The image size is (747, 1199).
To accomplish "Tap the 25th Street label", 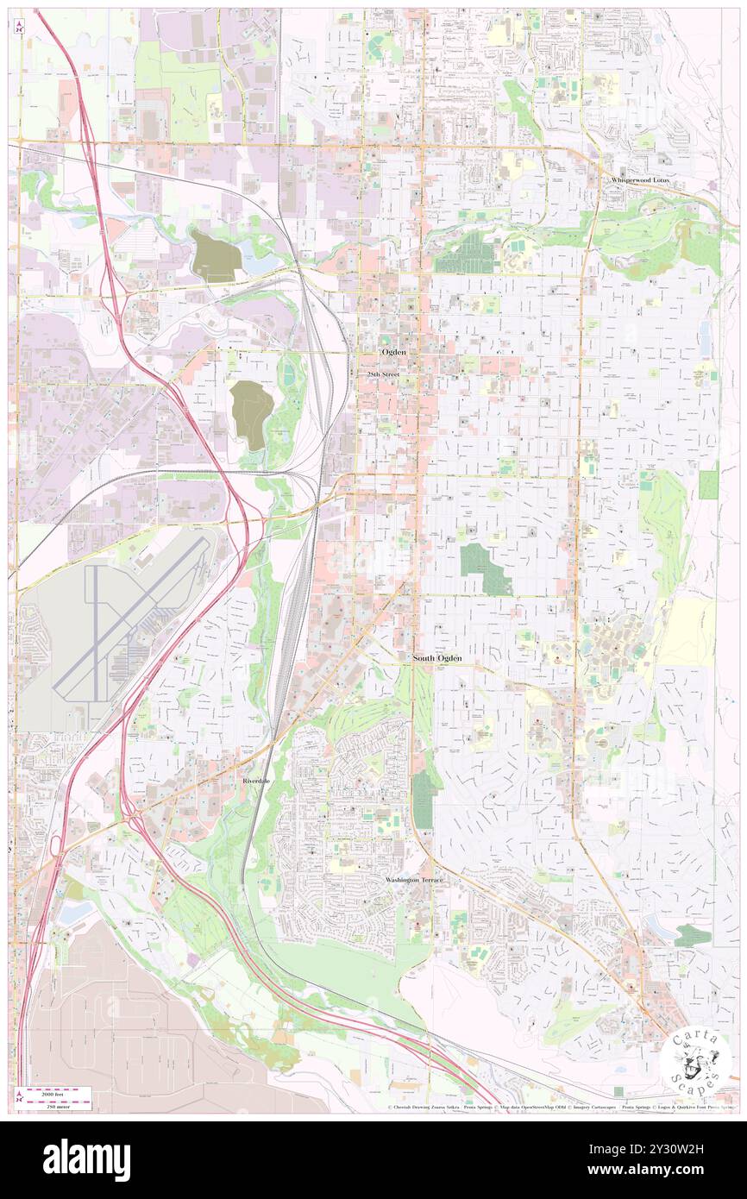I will point(384,375).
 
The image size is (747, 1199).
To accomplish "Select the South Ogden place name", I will point(436,658).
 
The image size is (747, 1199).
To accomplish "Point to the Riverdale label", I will point(255,780).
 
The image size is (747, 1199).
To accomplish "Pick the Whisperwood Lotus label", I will point(639,179).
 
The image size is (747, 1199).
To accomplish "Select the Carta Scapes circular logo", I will point(695,1059).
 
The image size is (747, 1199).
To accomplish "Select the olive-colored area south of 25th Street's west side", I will point(248,414).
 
